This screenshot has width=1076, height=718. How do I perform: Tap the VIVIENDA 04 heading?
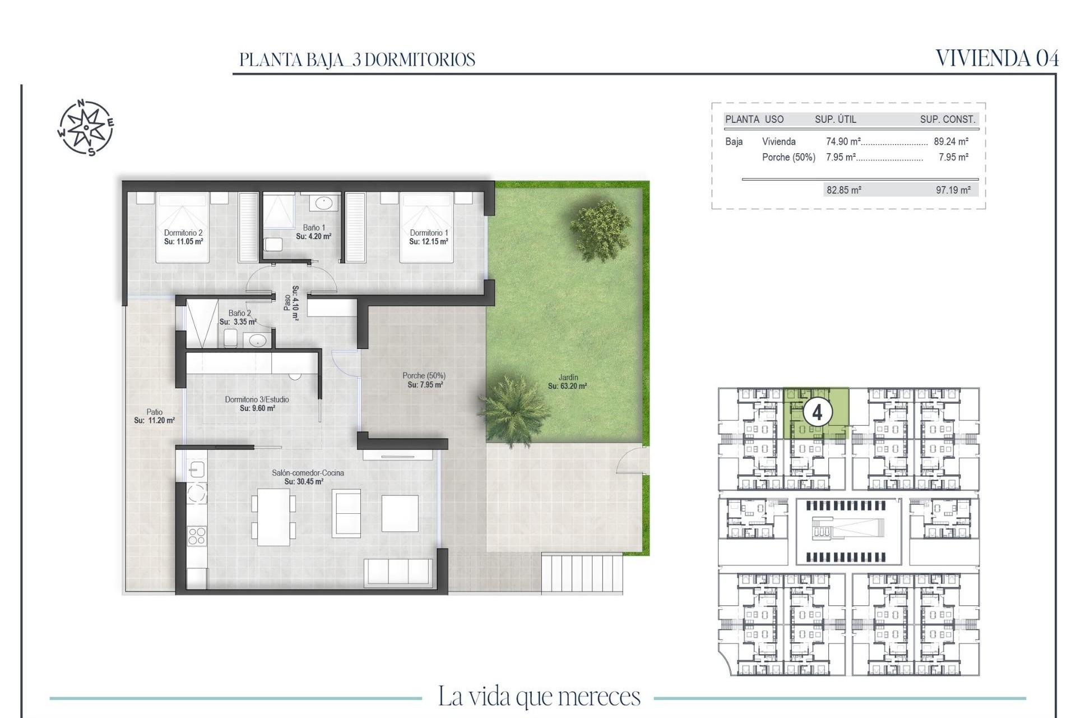click(997, 58)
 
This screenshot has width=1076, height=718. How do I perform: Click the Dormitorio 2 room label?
click(183, 233)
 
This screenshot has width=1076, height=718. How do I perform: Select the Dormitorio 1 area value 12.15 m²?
click(428, 242)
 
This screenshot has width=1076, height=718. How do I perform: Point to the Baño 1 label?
click(314, 228)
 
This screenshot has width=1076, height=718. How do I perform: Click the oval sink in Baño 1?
click(323, 202)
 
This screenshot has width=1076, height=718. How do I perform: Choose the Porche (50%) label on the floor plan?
click(424, 376)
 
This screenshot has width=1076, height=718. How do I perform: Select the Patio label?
click(154, 412)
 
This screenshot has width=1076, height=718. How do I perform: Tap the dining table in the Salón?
click(273, 517)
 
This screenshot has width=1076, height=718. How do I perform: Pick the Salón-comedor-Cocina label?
click(308, 473)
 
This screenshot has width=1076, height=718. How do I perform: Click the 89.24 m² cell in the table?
click(951, 142)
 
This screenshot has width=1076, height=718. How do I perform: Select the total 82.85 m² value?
click(843, 190)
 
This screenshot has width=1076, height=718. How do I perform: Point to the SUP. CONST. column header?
click(947, 119)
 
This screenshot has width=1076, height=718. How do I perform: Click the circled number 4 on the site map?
click(817, 413)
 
